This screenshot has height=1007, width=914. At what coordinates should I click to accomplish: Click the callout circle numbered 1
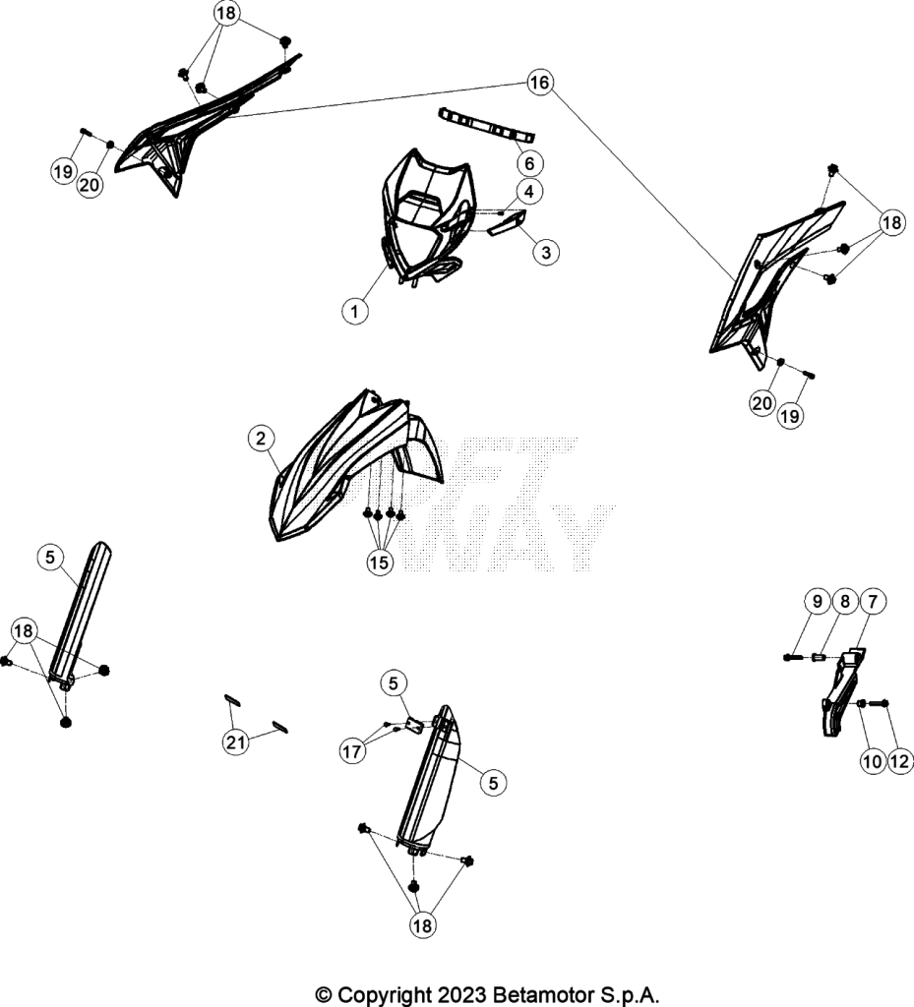click(x=354, y=312)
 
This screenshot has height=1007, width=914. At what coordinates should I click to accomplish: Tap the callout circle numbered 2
click(x=261, y=439)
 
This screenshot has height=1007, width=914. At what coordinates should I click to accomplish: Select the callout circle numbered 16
click(x=539, y=83)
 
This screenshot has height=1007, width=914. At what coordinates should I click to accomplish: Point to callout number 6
click(x=529, y=164)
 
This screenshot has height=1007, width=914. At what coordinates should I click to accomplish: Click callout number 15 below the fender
click(x=379, y=563)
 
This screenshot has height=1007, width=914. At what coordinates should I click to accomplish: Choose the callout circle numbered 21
click(x=235, y=742)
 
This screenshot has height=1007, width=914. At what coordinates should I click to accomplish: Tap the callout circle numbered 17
click(x=352, y=750)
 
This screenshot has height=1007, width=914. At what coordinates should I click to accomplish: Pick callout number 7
click(x=873, y=602)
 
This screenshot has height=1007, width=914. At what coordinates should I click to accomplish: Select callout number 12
click(x=900, y=762)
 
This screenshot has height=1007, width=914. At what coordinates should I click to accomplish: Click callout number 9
click(x=817, y=602)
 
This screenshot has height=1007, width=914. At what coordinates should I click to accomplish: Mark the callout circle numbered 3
click(x=546, y=253)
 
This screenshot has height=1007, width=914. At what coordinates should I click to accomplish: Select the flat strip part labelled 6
click(x=486, y=125)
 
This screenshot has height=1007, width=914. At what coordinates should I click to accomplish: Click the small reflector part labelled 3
click(x=508, y=223)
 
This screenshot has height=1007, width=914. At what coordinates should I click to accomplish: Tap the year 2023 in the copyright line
click(x=461, y=995)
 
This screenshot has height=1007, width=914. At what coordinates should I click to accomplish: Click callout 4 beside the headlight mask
click(x=529, y=192)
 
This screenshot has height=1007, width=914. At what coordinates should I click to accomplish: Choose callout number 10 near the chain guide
click(x=873, y=762)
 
